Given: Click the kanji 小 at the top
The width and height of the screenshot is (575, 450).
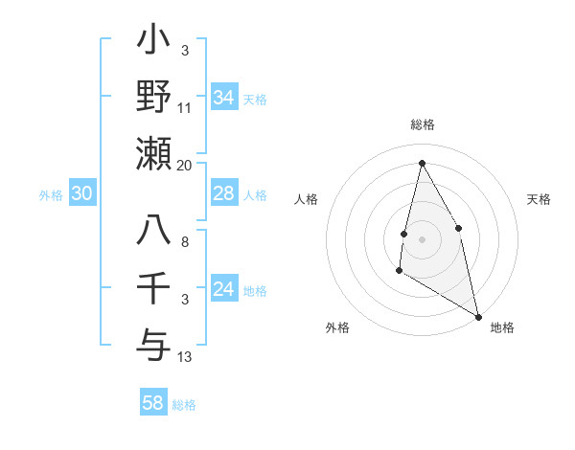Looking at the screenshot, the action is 153,44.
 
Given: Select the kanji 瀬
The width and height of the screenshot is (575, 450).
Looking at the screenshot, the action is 153,153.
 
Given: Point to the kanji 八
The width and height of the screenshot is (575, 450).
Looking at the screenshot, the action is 153,231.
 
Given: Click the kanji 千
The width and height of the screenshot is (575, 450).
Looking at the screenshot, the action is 153,286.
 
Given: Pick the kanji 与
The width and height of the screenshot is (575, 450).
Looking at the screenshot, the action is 153,341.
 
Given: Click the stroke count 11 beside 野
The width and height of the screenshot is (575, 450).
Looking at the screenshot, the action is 185,109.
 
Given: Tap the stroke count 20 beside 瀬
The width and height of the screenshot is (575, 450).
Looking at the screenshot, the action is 185,165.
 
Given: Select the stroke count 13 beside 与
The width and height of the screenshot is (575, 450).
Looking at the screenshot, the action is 185,357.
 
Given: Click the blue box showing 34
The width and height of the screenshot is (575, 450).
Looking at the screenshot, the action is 224,98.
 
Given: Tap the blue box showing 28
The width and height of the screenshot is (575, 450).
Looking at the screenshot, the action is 224,194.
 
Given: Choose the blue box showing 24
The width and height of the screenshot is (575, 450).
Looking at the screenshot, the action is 224,289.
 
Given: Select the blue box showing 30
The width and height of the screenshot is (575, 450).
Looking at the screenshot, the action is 81,194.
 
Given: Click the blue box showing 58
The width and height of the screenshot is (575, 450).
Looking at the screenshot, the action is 153,403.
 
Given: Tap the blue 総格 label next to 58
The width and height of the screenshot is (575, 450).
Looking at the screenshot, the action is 184,405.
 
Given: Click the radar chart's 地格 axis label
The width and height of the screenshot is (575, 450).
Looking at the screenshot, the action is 502,327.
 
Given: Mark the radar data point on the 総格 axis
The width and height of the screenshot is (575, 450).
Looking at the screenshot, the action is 422,163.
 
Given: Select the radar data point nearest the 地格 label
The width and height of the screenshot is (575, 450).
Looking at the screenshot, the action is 478,317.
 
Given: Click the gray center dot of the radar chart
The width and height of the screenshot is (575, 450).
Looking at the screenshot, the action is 422,238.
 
